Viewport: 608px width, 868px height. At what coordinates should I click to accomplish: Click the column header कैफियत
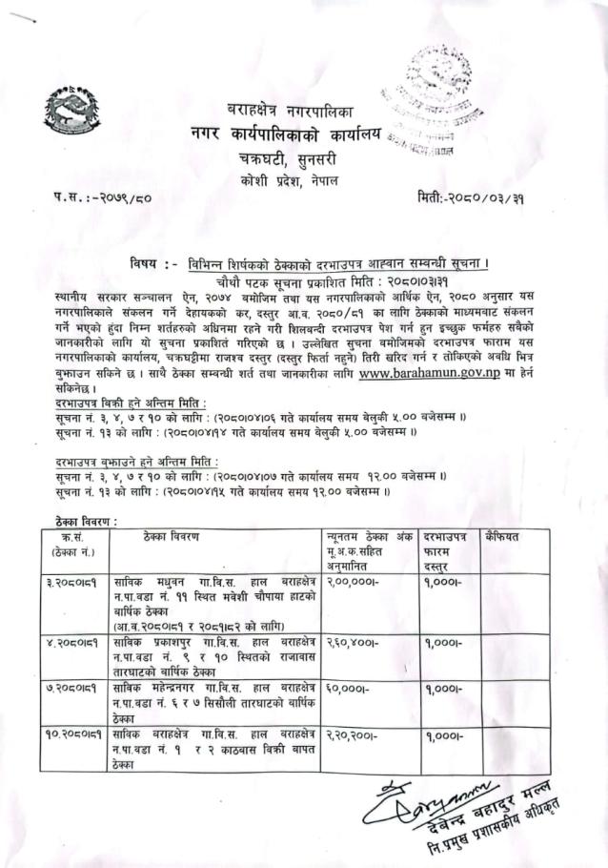tap(501, 537)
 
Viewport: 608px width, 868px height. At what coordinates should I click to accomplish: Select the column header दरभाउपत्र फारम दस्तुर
tap(447, 551)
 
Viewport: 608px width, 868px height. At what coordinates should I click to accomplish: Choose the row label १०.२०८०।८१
tap(80, 735)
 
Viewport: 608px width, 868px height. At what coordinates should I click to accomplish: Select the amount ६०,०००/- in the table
tap(347, 695)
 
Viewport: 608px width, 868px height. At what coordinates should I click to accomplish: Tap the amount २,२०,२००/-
tap(353, 735)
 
